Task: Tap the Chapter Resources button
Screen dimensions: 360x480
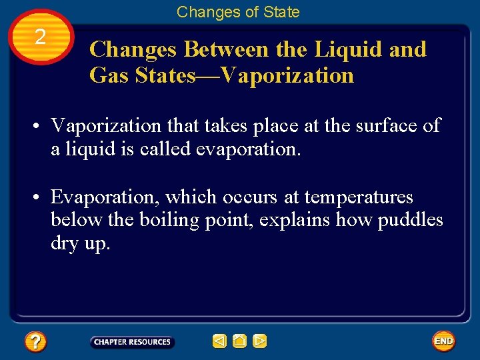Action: pos(132,342)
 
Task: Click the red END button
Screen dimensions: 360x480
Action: pos(443,341)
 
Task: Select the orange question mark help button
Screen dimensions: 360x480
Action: pos(35,342)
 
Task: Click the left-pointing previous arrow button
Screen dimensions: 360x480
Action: pos(219,342)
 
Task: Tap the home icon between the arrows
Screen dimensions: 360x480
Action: pos(239,342)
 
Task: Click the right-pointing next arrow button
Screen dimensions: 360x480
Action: pos(259,342)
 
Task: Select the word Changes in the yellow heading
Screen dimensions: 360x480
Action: pos(133,49)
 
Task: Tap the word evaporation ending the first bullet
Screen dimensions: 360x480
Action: pos(248,149)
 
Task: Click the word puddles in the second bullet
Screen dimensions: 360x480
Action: pos(410,221)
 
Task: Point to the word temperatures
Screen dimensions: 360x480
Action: pos(359,197)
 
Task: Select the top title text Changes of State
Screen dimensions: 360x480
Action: pos(238,12)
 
